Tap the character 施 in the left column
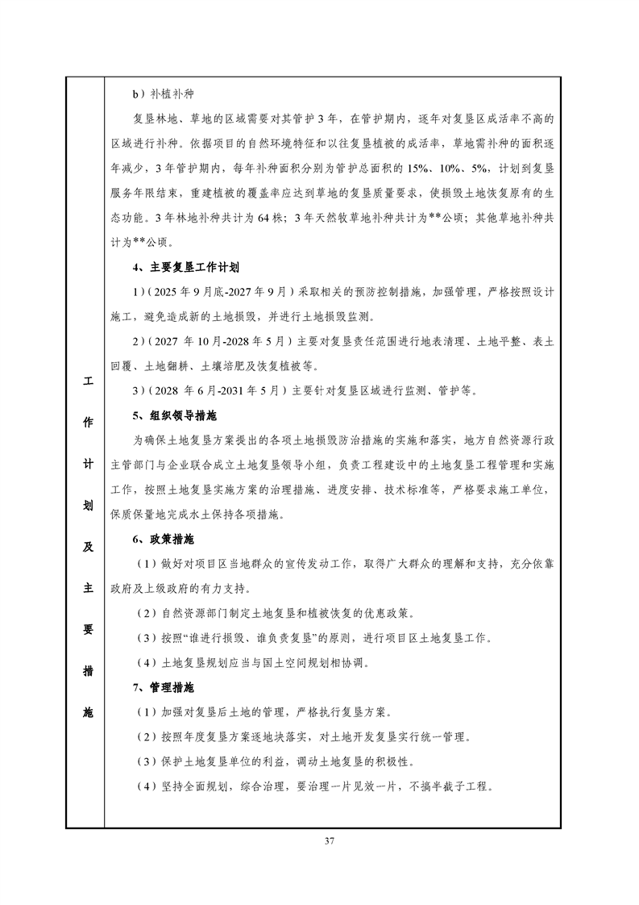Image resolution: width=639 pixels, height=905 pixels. [x=85, y=712]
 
